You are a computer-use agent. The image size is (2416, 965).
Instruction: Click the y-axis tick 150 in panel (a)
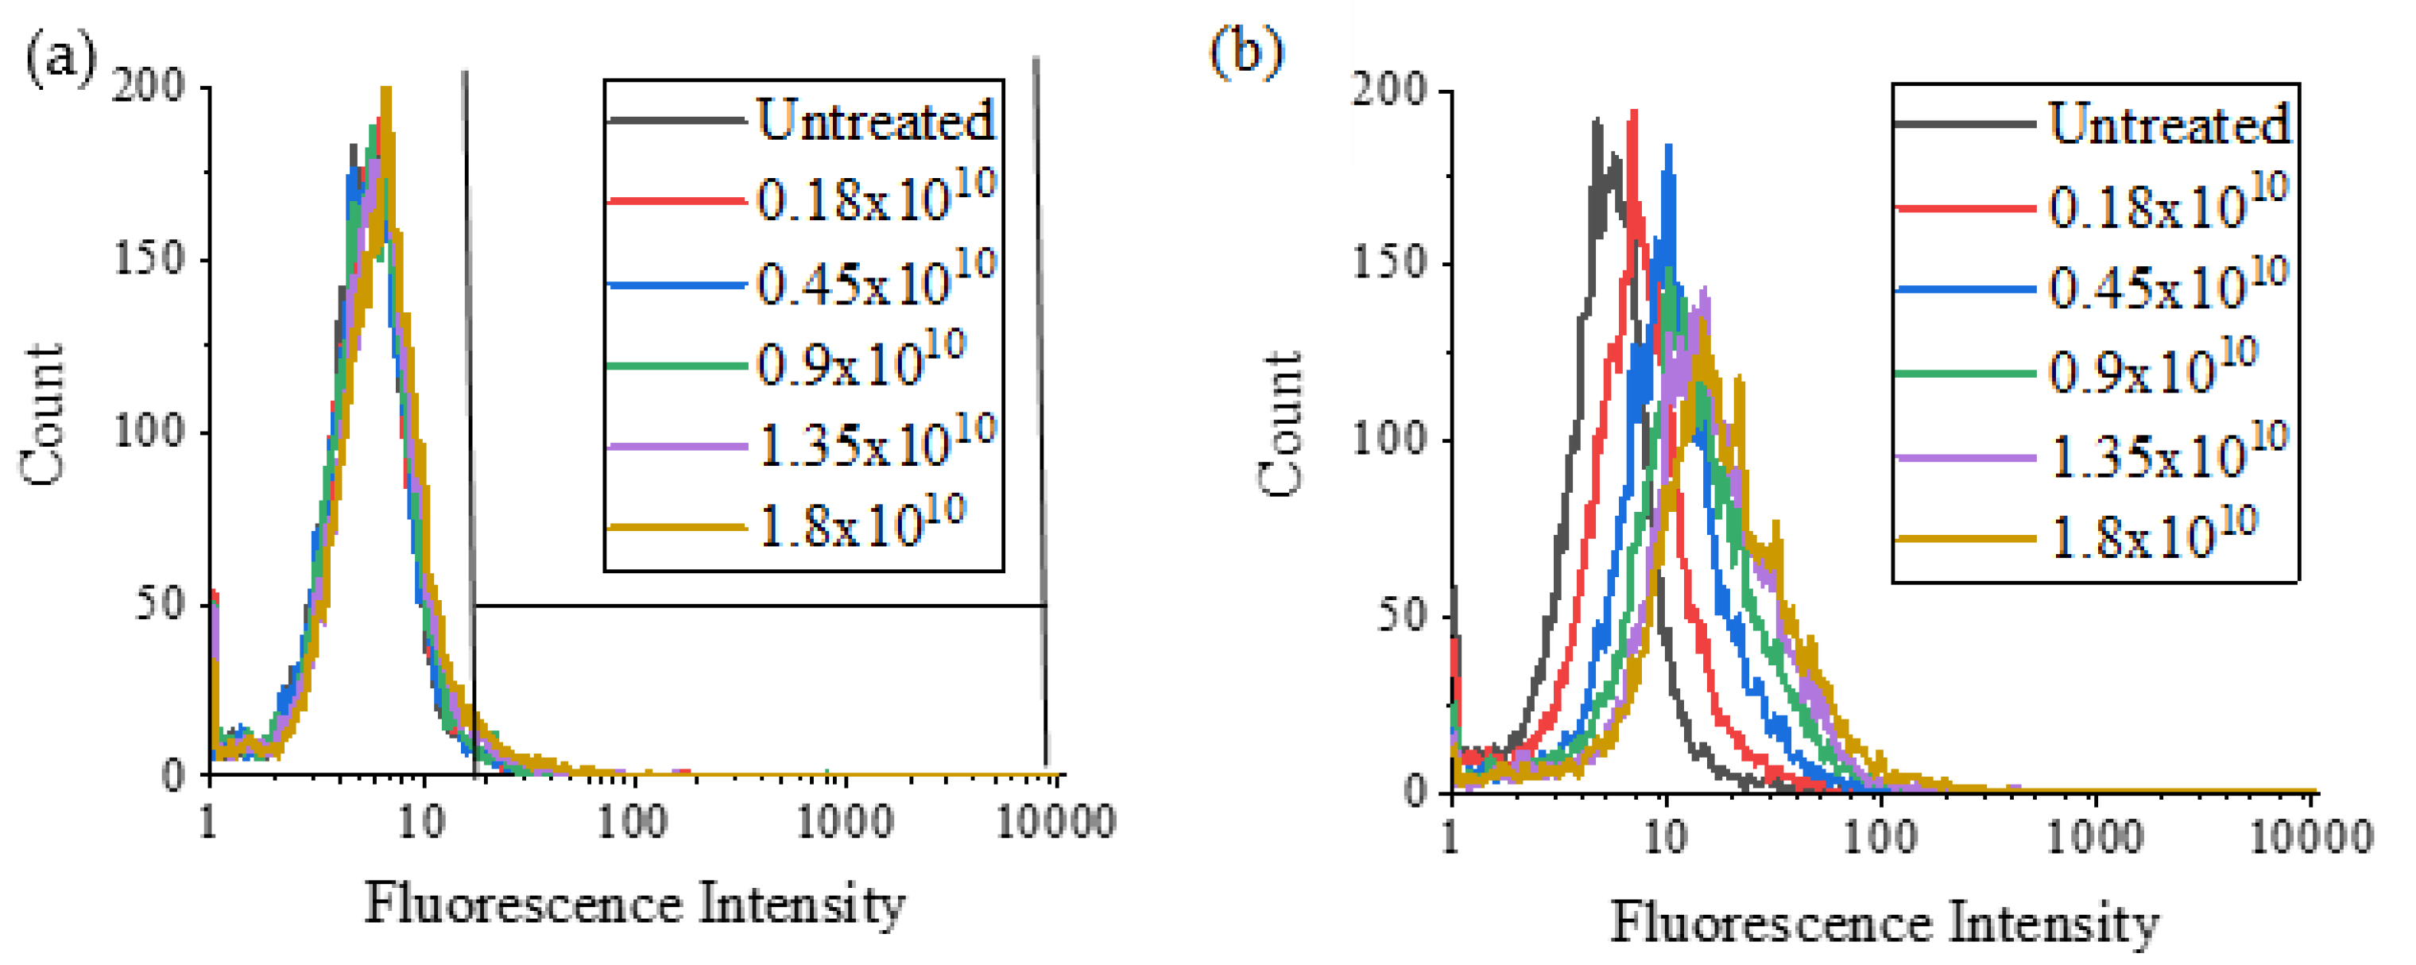(x=148, y=259)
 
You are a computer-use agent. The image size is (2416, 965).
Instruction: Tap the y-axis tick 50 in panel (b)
(x=1401, y=616)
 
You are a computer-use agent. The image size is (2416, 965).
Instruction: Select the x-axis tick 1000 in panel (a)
(x=844, y=823)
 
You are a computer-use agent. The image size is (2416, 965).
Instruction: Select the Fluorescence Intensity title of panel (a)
(x=635, y=904)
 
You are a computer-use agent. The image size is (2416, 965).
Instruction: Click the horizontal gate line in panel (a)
(x=760, y=606)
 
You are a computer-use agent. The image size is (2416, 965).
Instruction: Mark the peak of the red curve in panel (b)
(x=1635, y=113)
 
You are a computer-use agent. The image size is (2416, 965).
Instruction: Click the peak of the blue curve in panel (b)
(x=1668, y=146)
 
